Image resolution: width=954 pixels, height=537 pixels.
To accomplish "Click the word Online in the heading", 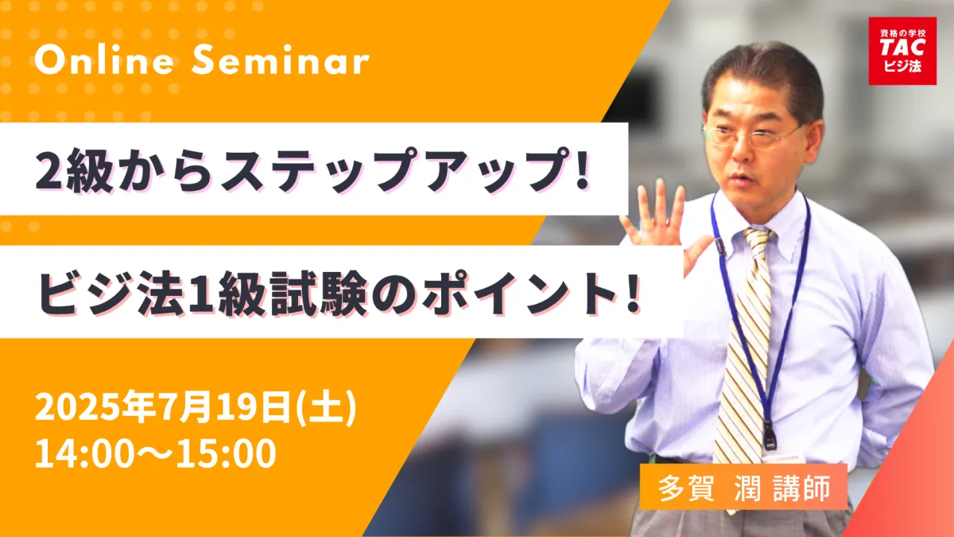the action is pyautogui.click(x=104, y=60).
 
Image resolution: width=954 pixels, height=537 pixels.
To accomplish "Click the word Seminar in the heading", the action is pyautogui.click(x=281, y=60).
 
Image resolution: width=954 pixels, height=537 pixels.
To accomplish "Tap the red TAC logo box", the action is pyautogui.click(x=902, y=51).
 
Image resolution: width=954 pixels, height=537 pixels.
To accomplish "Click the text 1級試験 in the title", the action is pyautogui.click(x=277, y=294).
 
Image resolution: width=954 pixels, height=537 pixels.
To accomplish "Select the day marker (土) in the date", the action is pyautogui.click(x=326, y=407).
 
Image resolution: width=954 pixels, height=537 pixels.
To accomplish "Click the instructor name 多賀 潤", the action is pyautogui.click(x=709, y=487).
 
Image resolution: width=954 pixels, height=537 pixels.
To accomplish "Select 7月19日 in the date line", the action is pyautogui.click(x=225, y=407).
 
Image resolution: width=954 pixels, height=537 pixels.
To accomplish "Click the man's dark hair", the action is pyautogui.click(x=762, y=68).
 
